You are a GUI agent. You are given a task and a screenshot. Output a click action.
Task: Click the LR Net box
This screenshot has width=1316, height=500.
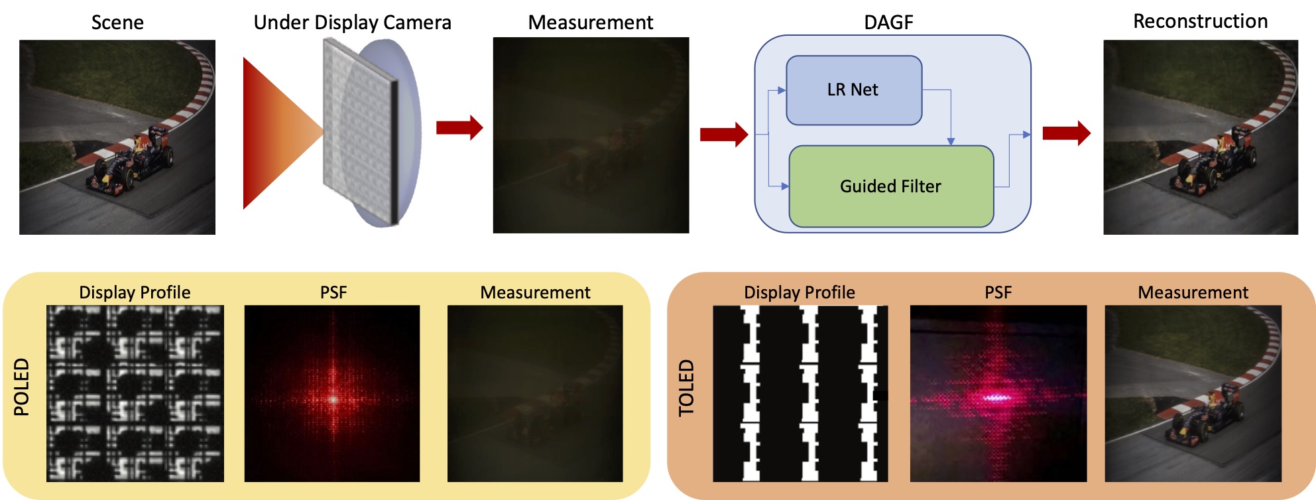(853, 90)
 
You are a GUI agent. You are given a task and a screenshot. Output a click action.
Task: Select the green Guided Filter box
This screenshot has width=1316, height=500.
(890, 186)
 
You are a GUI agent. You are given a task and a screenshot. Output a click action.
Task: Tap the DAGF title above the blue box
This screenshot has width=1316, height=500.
(888, 23)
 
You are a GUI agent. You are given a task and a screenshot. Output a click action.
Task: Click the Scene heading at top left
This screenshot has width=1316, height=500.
(117, 23)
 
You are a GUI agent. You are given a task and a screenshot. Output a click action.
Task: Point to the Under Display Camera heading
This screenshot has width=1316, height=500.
(352, 23)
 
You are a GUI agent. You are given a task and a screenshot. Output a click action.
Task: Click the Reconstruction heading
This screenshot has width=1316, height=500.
(1200, 21)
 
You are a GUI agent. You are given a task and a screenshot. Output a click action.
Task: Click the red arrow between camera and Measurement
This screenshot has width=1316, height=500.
(459, 127)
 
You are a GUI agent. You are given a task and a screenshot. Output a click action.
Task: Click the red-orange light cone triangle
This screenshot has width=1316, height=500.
(275, 133)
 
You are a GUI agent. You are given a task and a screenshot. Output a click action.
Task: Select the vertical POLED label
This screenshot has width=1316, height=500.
(22, 387)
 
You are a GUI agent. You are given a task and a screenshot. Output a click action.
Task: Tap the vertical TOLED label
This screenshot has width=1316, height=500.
(686, 388)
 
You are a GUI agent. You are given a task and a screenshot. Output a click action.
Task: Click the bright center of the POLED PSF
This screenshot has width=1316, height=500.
(333, 399)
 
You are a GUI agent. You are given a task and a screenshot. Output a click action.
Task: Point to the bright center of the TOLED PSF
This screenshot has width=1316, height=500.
(994, 398)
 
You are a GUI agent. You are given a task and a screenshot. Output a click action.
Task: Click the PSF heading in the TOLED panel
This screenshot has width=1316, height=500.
(998, 292)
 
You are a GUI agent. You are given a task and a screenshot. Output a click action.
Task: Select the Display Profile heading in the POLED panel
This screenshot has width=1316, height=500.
(135, 292)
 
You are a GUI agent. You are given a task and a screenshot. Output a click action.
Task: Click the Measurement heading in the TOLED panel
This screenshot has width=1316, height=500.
(1193, 292)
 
